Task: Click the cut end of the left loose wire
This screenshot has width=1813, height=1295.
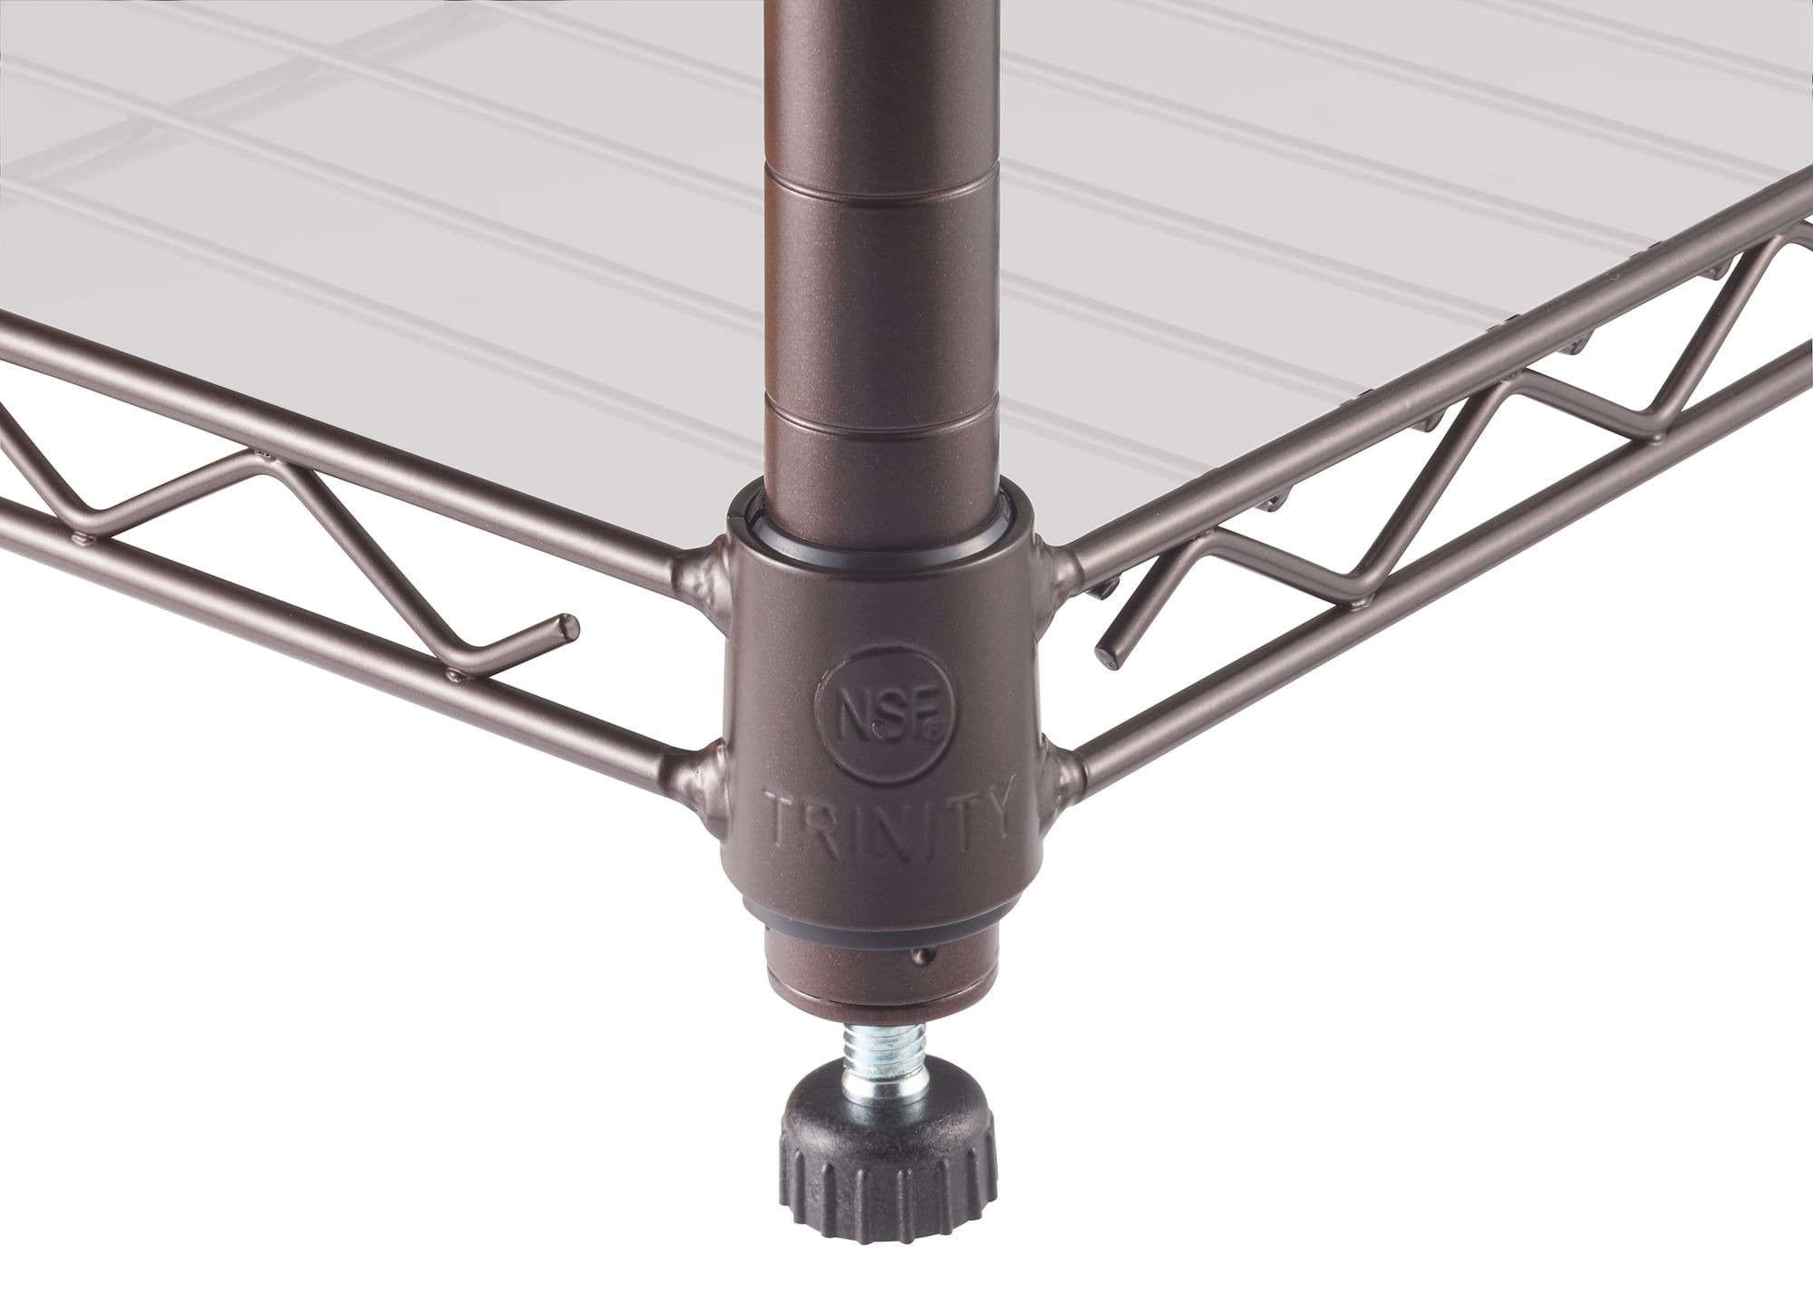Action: [x=567, y=623]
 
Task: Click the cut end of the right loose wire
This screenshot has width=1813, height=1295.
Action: [x=1108, y=650]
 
